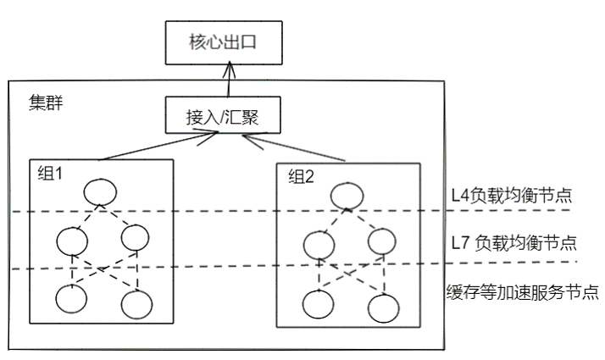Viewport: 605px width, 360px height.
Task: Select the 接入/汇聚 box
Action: pyautogui.click(x=225, y=118)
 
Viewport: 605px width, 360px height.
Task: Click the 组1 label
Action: pyautogui.click(x=52, y=174)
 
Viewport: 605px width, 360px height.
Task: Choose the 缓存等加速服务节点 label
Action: pyautogui.click(x=522, y=293)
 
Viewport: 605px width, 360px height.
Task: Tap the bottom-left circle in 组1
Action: pyautogui.click(x=73, y=299)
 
